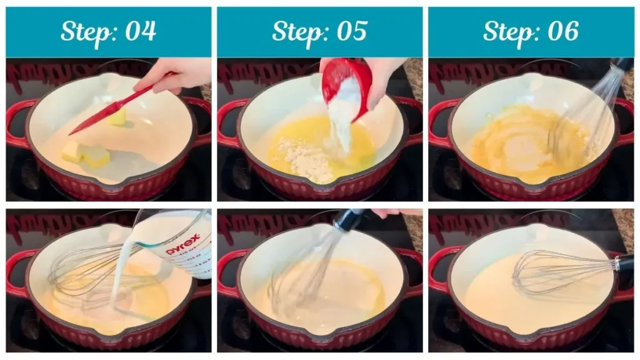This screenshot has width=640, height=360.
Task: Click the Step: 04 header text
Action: (108, 31)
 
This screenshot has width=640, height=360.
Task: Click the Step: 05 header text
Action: (319, 31)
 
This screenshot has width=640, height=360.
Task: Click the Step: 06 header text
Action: (531, 31)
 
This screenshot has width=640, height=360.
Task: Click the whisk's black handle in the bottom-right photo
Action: (624, 262)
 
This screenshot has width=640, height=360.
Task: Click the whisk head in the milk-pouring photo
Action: (87, 269)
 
